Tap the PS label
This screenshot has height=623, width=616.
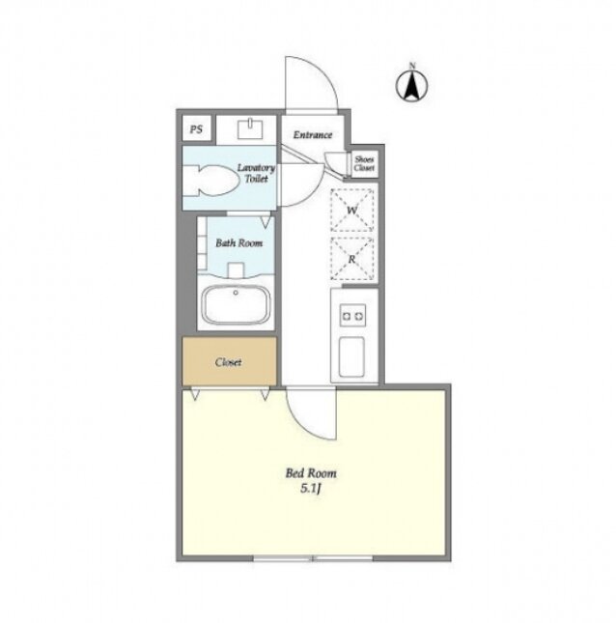(196, 129)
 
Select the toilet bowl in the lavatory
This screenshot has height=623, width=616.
(212, 180)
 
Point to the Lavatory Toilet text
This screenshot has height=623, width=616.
(256, 173)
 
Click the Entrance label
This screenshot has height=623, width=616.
(313, 135)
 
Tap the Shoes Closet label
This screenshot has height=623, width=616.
(364, 163)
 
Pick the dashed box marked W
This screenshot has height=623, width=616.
(351, 211)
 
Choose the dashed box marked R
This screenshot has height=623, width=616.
(351, 259)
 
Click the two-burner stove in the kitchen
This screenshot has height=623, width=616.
(352, 316)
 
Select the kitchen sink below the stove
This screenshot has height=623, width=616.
(351, 356)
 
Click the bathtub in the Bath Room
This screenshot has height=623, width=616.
(236, 304)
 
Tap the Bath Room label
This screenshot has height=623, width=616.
(239, 242)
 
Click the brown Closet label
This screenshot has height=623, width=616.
(229, 362)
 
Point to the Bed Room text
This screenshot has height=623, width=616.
(311, 473)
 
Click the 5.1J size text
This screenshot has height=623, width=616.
(311, 489)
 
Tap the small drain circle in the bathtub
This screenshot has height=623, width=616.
(236, 293)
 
